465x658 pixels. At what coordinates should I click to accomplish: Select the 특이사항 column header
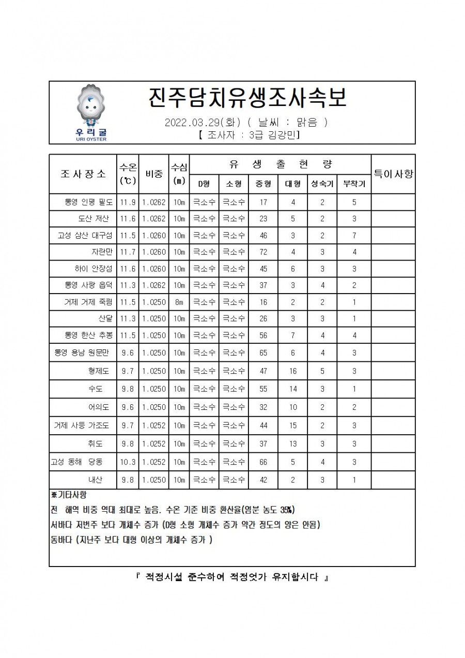point(393,173)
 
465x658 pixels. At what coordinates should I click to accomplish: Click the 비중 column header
point(153,173)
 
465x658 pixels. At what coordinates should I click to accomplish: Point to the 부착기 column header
point(354,183)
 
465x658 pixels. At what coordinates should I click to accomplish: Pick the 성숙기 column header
point(322,183)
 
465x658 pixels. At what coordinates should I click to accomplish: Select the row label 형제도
point(98,371)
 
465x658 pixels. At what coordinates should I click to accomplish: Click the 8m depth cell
point(179,302)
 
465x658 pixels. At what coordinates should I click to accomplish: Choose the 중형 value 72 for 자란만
point(263,252)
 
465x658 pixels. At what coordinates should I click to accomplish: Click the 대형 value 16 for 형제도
point(293,371)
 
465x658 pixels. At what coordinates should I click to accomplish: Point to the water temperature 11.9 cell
point(128,202)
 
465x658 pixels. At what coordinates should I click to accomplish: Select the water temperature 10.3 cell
point(128,462)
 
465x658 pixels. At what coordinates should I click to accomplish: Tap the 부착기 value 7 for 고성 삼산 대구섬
point(354,235)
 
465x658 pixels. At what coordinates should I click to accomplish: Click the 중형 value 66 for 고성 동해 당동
point(263,462)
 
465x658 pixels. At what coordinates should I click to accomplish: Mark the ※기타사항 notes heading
point(69,495)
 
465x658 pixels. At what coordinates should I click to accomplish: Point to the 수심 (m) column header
point(179,173)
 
